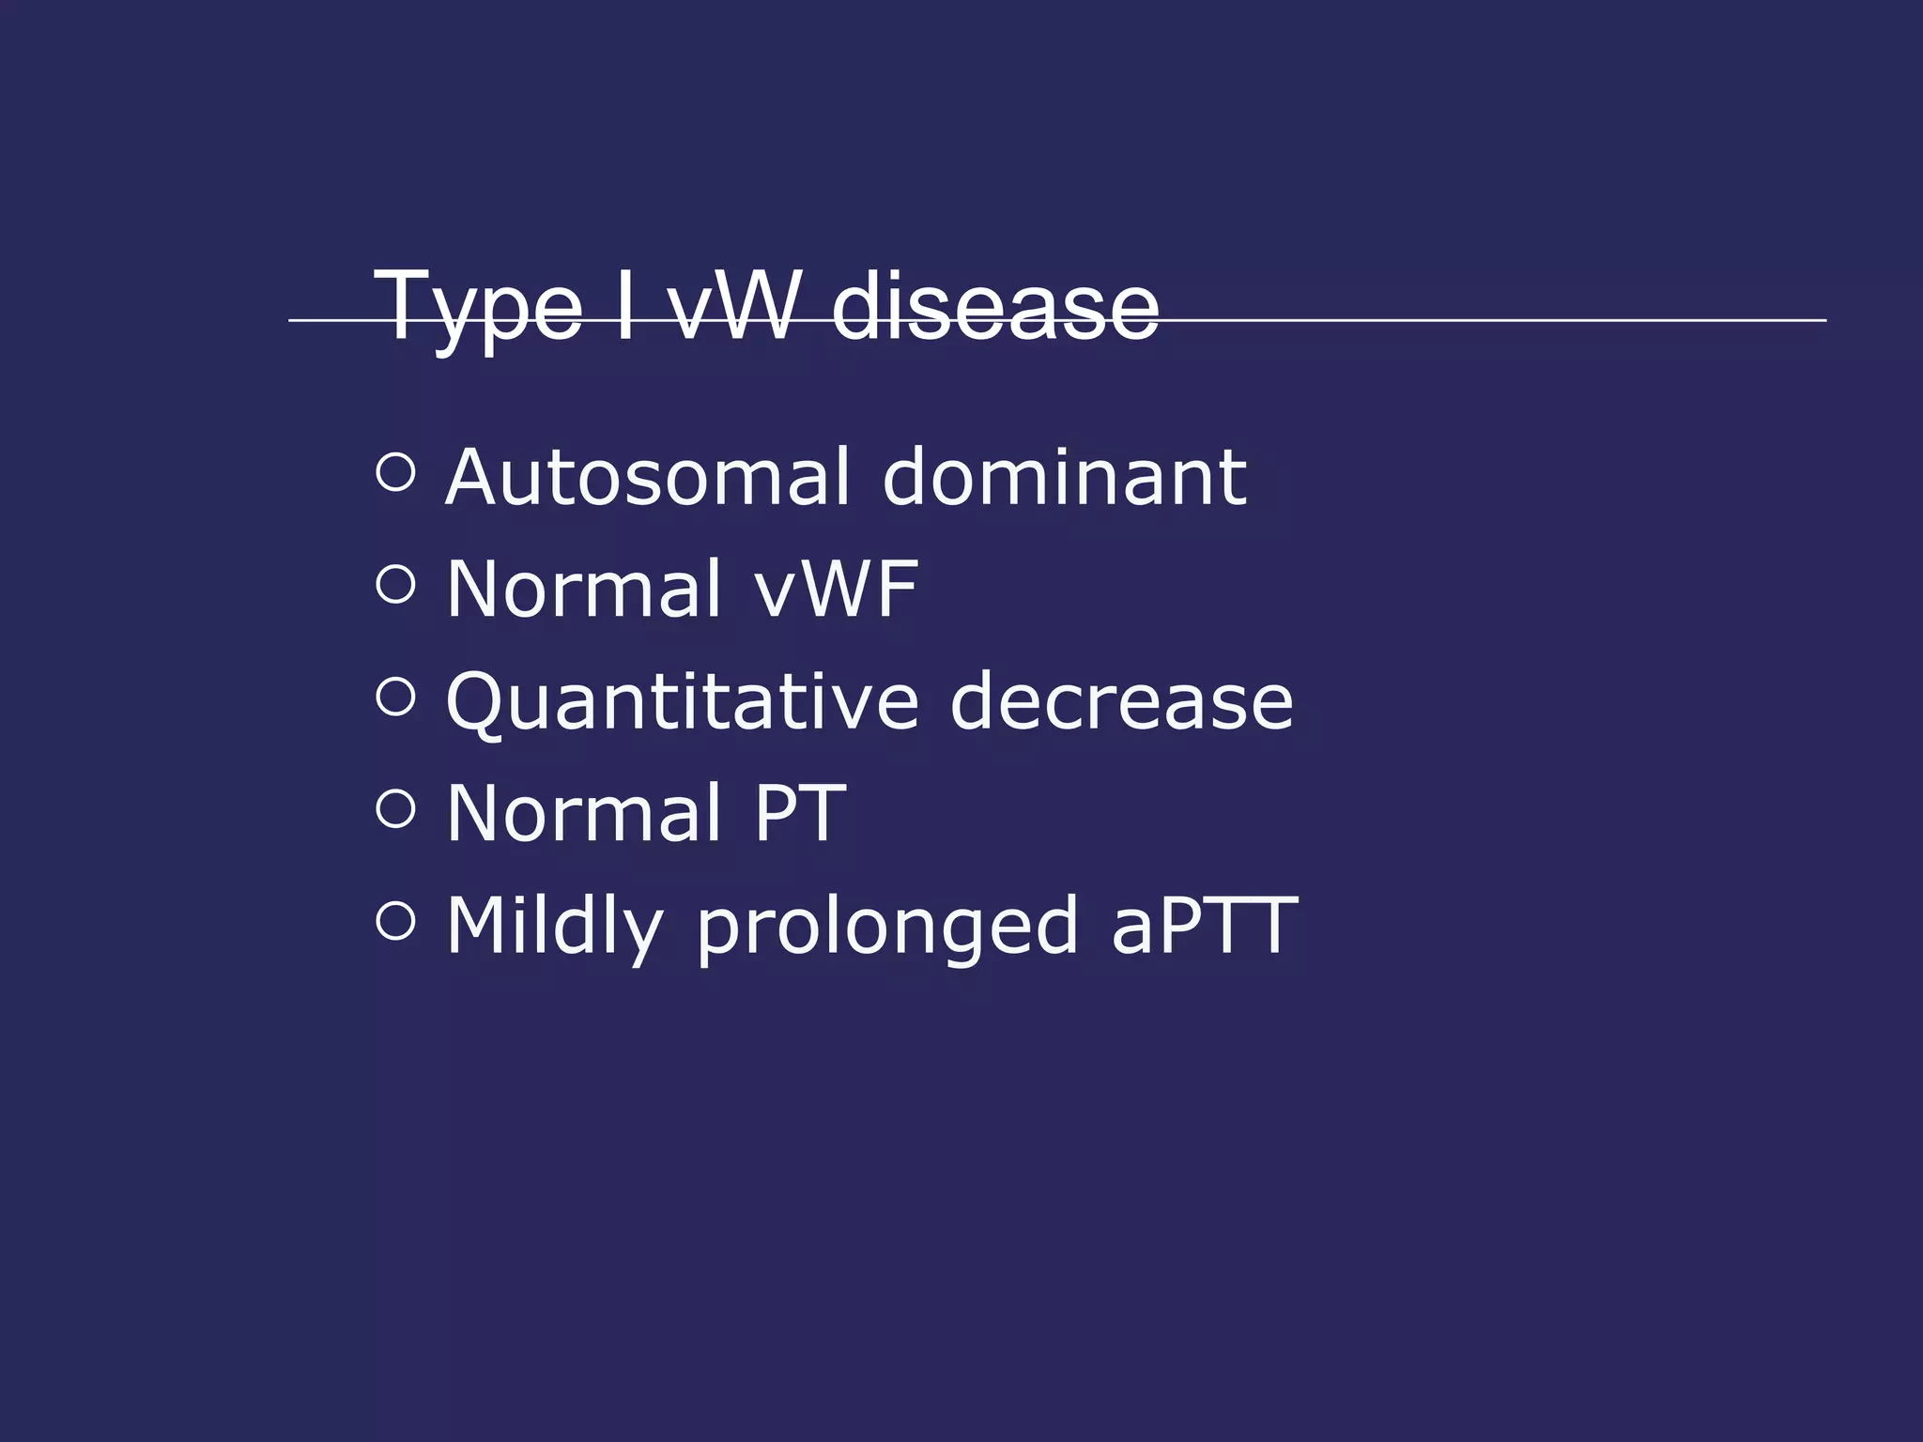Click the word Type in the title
pyautogui.click(x=477, y=307)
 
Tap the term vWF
pyautogui.click(x=837, y=589)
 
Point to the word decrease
pyautogui.click(x=1121, y=702)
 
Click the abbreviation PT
pyautogui.click(x=799, y=813)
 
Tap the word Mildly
pyautogui.click(x=555, y=928)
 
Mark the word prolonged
pyautogui.click(x=887, y=928)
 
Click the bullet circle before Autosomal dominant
pyautogui.click(x=395, y=472)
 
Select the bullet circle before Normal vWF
pyautogui.click(x=395, y=585)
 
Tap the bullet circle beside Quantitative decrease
pyautogui.click(x=395, y=698)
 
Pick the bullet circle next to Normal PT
pyautogui.click(x=395, y=809)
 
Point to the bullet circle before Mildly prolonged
pyautogui.click(x=395, y=921)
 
